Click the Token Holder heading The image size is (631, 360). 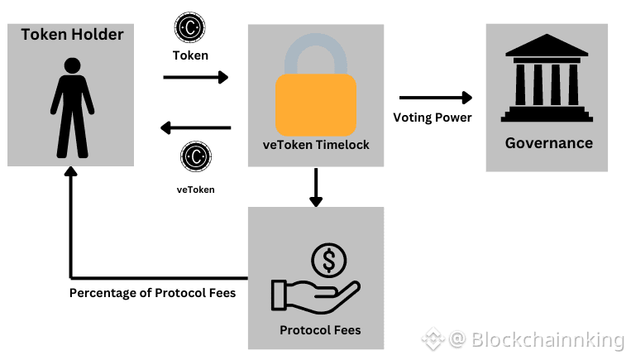[x=72, y=35]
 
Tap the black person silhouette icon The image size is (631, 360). [x=73, y=107]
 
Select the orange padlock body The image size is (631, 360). [x=316, y=105]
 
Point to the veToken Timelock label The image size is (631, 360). [x=316, y=145]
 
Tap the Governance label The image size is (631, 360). [x=549, y=143]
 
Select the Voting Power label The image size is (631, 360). [x=433, y=118]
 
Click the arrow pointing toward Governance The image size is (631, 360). [x=435, y=98]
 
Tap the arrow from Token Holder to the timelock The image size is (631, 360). [x=196, y=78]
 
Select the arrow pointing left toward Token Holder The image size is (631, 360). [x=196, y=127]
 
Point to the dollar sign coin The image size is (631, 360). [x=329, y=262]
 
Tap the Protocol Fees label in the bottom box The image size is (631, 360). [x=320, y=330]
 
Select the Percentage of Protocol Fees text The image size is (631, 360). [x=152, y=293]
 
